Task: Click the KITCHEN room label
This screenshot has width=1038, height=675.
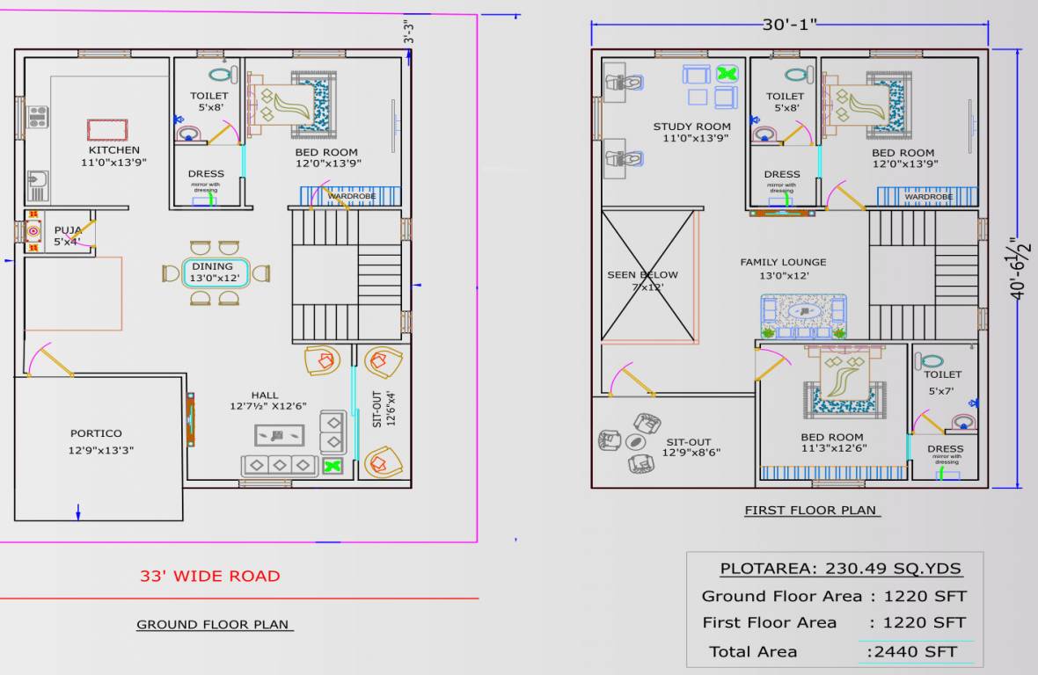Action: (x=113, y=150)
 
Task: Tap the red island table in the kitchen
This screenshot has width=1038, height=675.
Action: (x=107, y=130)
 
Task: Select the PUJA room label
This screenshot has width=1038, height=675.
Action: (x=67, y=230)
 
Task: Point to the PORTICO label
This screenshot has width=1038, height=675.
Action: (x=96, y=433)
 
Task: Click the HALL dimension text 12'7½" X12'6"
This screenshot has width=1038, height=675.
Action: (x=267, y=407)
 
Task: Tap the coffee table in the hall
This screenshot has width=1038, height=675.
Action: (x=280, y=435)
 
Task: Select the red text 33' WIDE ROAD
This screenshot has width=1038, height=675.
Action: (x=209, y=577)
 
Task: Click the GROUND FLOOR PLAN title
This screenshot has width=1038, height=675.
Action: (x=213, y=625)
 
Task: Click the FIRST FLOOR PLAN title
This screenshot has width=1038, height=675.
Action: (x=810, y=510)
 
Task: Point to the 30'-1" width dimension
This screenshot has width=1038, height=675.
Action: (x=789, y=25)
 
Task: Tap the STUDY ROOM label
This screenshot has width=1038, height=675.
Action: (x=691, y=127)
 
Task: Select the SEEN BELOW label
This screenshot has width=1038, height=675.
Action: (x=642, y=275)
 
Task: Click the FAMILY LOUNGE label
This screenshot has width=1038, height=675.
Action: (x=783, y=262)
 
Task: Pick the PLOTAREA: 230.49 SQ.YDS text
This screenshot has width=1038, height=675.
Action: (x=840, y=569)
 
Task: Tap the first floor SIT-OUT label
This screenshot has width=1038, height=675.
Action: (x=688, y=442)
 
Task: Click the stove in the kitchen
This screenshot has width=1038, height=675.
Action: (x=37, y=117)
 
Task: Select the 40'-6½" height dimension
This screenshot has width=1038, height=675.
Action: (x=1020, y=268)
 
